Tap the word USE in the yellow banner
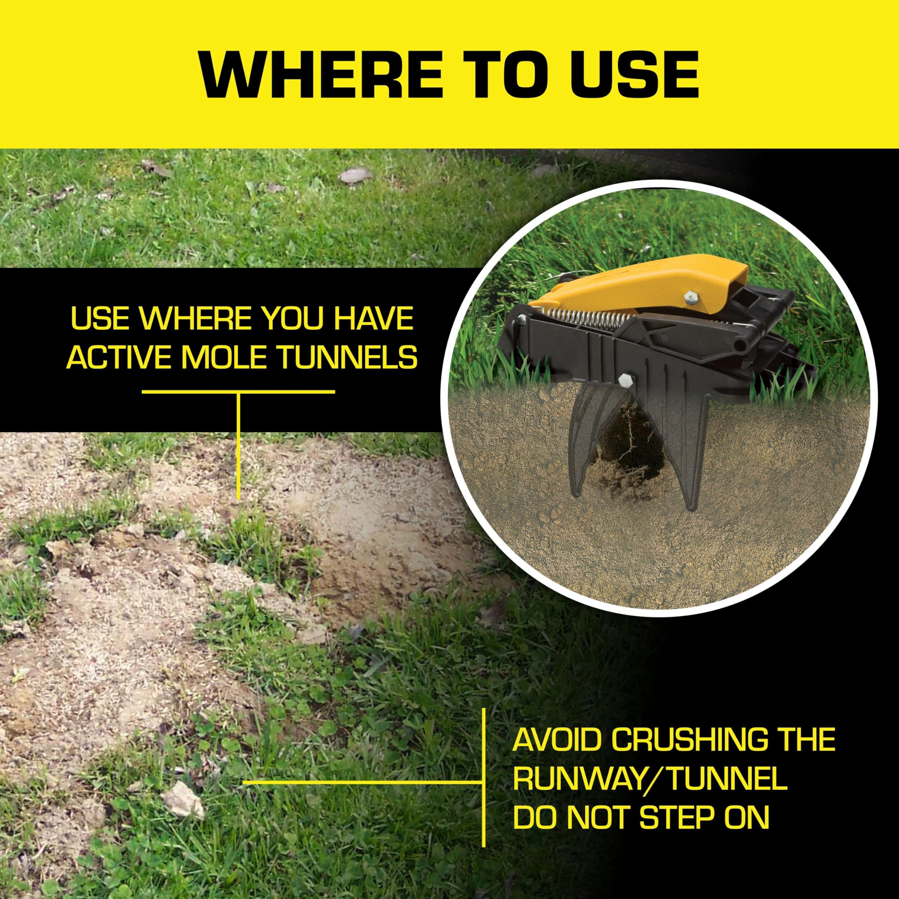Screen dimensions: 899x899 click(636, 74)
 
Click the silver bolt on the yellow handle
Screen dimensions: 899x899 click(688, 296)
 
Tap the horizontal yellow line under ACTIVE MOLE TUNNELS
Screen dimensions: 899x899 click(238, 392)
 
